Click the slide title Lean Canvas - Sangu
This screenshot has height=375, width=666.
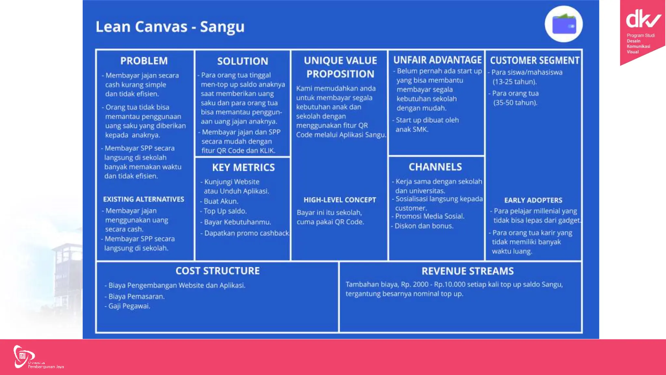click(x=170, y=27)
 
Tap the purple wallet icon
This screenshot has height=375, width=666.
click(x=564, y=24)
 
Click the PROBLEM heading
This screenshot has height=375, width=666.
click(x=144, y=61)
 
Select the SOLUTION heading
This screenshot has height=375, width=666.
click(x=243, y=61)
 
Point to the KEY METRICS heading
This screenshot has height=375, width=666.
click(x=243, y=167)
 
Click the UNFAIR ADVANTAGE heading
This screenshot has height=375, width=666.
click(x=437, y=60)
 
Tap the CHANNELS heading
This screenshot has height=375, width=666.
click(x=435, y=167)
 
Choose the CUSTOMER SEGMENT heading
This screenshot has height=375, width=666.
click(x=534, y=60)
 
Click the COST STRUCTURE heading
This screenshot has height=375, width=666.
click(x=218, y=271)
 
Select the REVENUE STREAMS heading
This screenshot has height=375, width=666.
click(x=467, y=271)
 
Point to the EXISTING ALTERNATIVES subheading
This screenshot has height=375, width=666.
click(x=143, y=199)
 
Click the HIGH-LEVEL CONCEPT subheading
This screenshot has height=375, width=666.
click(x=340, y=200)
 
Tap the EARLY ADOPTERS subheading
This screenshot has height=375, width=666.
click(x=533, y=200)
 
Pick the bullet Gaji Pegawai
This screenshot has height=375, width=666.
click(x=129, y=306)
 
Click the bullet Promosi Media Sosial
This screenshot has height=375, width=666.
click(x=429, y=216)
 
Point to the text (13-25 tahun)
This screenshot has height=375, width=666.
click(x=514, y=82)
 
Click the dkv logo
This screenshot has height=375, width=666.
click(x=643, y=20)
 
